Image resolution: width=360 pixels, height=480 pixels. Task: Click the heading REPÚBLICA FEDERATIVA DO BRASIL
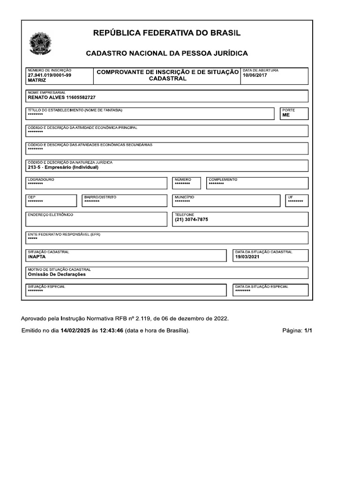[166, 33]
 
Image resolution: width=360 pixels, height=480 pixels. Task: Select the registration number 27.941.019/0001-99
[50, 75]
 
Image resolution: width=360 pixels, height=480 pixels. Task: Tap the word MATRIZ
[37, 81]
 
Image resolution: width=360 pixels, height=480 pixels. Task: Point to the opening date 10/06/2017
[255, 75]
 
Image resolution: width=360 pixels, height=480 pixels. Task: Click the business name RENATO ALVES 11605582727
[61, 97]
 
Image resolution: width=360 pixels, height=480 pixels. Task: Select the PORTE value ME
[286, 115]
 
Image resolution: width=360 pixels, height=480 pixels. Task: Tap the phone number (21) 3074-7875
[191, 219]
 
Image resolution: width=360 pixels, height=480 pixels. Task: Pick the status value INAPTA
[37, 257]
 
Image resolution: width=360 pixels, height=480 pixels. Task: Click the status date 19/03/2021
[247, 257]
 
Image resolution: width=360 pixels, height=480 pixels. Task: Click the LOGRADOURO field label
[41, 180]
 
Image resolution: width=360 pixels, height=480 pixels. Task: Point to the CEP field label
[31, 197]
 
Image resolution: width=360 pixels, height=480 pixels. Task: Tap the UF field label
[290, 197]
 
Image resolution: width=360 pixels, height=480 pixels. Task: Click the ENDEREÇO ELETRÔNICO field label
[50, 215]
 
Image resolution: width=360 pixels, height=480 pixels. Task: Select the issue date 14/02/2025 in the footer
[75, 330]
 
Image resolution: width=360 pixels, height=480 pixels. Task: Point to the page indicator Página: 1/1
[297, 330]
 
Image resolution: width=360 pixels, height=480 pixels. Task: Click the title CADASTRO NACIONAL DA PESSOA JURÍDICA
[166, 53]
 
